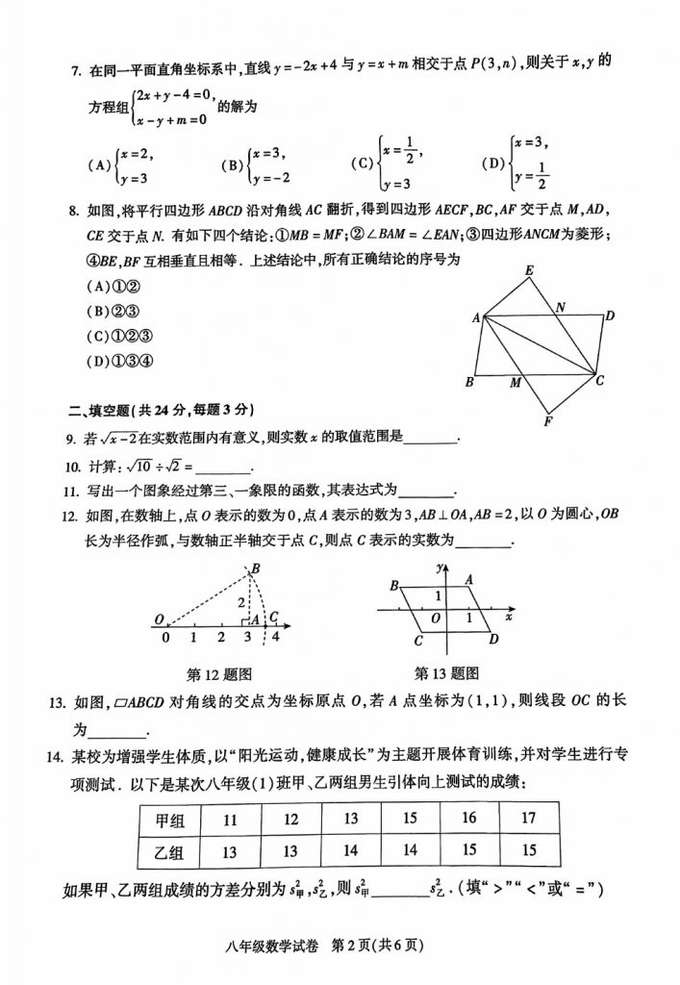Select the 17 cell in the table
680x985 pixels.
point(528,819)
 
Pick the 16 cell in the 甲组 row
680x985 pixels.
point(468,819)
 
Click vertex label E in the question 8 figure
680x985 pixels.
point(529,271)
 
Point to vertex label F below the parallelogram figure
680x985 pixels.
point(547,421)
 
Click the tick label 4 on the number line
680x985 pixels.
point(276,637)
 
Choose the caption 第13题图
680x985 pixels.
point(446,673)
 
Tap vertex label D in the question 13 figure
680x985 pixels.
point(492,640)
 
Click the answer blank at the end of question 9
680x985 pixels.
point(432,440)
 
